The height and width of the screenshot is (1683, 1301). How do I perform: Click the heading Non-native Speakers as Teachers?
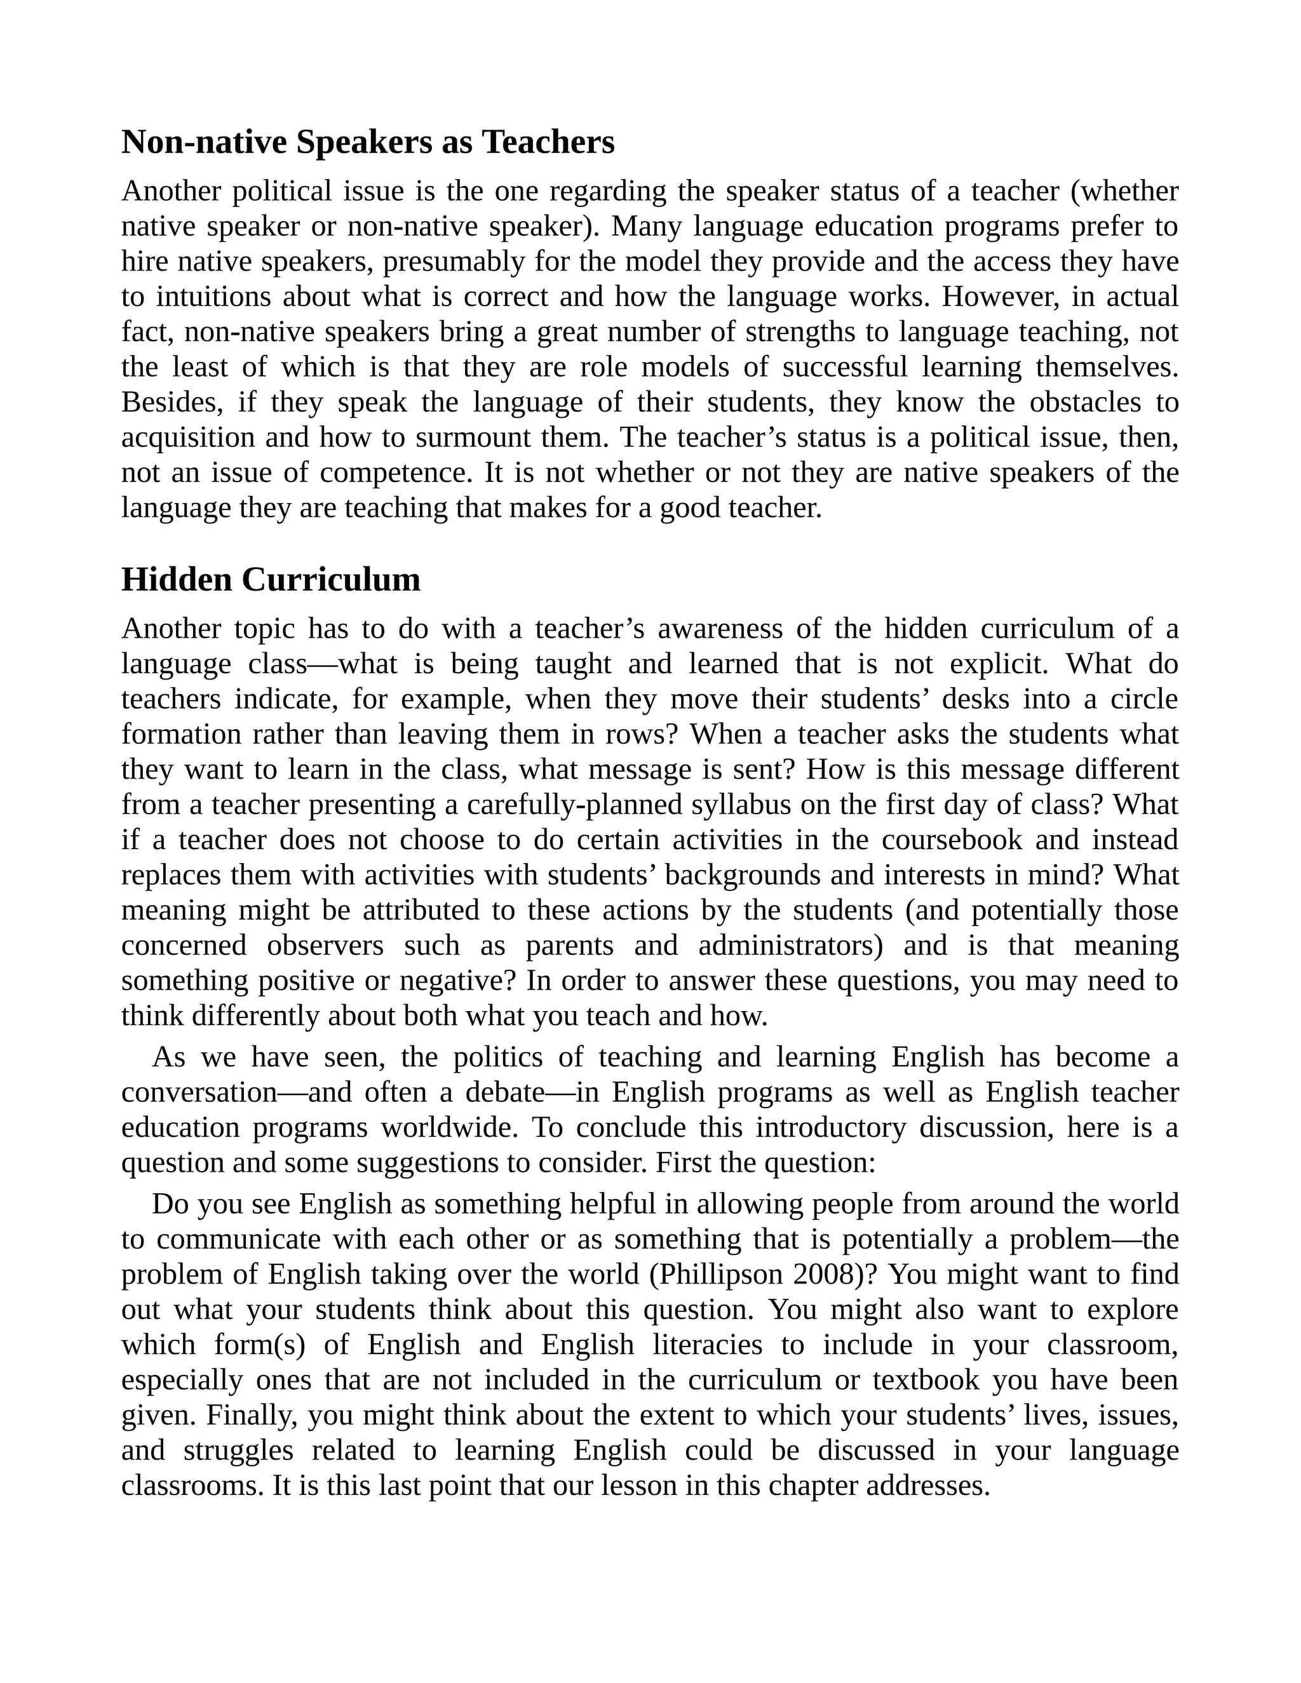(368, 142)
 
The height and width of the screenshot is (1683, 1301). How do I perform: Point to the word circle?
(1143, 699)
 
